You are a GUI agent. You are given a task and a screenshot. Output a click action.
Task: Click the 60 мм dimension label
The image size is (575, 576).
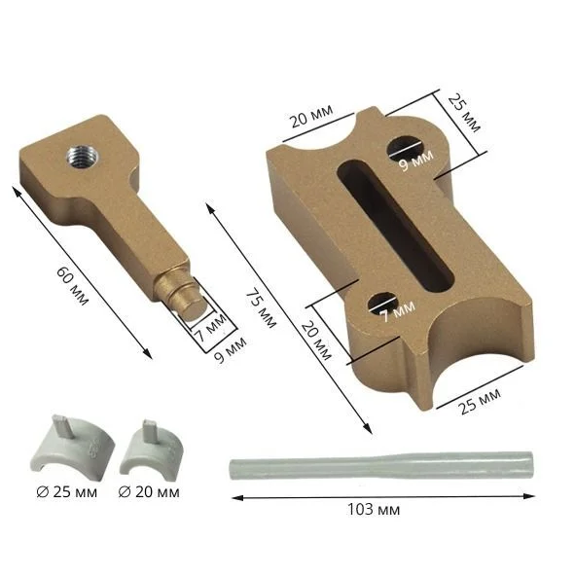pos(72,286)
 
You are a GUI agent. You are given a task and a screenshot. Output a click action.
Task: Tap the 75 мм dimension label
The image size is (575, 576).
pos(261,308)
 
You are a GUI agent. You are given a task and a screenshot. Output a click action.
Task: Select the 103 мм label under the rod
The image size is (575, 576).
pos(374,510)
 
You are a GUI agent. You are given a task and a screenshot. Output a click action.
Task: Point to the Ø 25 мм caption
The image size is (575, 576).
pos(67,492)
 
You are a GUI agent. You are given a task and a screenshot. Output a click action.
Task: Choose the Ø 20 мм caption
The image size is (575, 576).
pos(149,492)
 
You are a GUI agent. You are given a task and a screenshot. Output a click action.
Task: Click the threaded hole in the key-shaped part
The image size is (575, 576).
pos(83,157)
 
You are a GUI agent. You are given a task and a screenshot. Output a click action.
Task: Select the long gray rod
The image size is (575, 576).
pos(381,466)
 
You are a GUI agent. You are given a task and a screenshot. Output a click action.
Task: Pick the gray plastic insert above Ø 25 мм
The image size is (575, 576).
pos(71,446)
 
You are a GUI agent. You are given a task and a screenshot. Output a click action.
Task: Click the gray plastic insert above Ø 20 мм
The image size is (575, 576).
pos(152,450)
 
